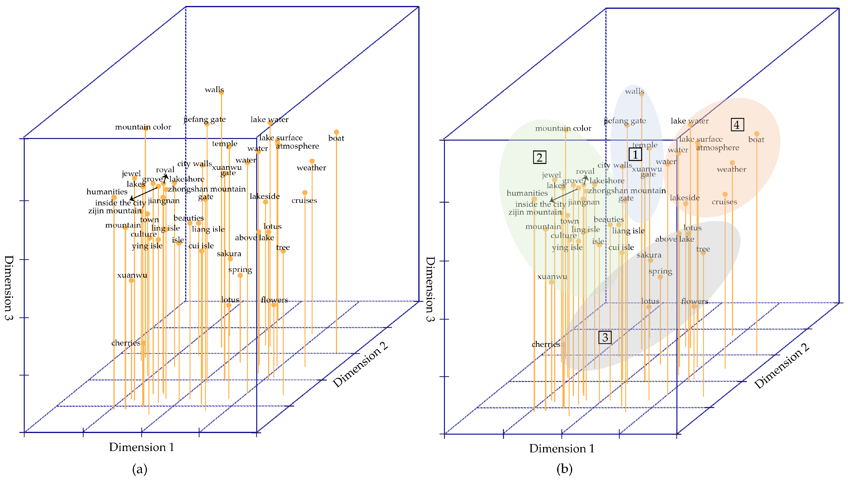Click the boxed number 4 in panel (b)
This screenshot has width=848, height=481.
point(737,125)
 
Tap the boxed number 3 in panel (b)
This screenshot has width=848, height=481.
point(605,337)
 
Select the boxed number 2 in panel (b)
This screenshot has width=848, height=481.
point(540,157)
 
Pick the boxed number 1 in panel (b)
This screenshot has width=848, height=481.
point(635,154)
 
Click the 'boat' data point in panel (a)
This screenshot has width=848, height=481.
point(336,132)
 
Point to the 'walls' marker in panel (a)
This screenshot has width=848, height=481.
point(221,93)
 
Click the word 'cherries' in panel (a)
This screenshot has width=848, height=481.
point(126,343)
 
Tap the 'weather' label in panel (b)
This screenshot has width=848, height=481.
point(731,169)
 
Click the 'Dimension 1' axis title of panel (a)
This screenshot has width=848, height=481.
point(141,447)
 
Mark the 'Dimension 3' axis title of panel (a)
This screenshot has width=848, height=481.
point(9,287)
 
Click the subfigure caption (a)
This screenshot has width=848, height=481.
point(139,469)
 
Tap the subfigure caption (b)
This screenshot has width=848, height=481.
point(564,469)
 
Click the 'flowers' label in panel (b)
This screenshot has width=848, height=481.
point(694,301)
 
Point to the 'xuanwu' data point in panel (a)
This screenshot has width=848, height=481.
point(131,280)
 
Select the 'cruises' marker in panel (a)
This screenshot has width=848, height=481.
point(305,192)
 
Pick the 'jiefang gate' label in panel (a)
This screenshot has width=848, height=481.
point(205,119)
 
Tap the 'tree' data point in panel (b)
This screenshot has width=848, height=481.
point(703,253)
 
